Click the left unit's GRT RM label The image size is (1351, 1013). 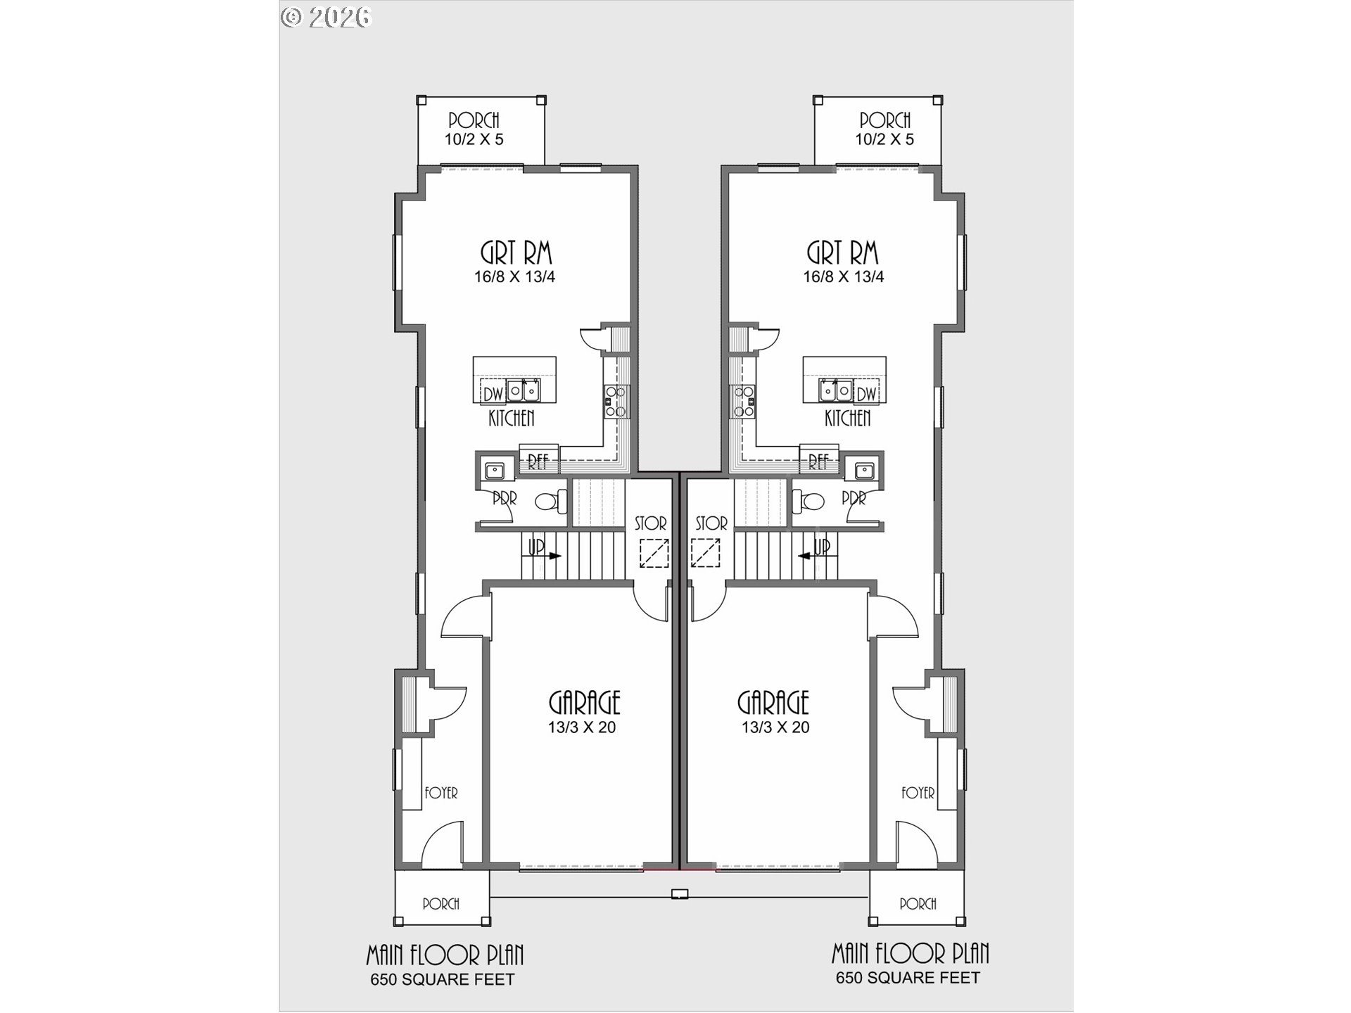tap(516, 253)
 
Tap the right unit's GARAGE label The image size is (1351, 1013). tap(773, 702)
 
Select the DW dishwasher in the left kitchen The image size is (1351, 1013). tap(493, 393)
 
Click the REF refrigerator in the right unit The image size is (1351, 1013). tap(818, 461)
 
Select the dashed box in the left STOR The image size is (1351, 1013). tap(654, 553)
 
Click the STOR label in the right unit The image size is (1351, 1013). tap(711, 523)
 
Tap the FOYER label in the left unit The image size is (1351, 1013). tap(441, 793)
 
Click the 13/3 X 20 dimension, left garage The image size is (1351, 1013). tap(582, 727)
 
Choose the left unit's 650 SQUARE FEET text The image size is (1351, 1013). tap(443, 979)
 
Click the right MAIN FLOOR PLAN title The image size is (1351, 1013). tap(910, 954)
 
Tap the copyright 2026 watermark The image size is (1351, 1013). tap(326, 17)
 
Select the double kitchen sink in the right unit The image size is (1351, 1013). tap(835, 389)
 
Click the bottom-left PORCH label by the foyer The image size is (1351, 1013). tap(441, 903)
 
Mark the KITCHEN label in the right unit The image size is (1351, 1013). tap(847, 419)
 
